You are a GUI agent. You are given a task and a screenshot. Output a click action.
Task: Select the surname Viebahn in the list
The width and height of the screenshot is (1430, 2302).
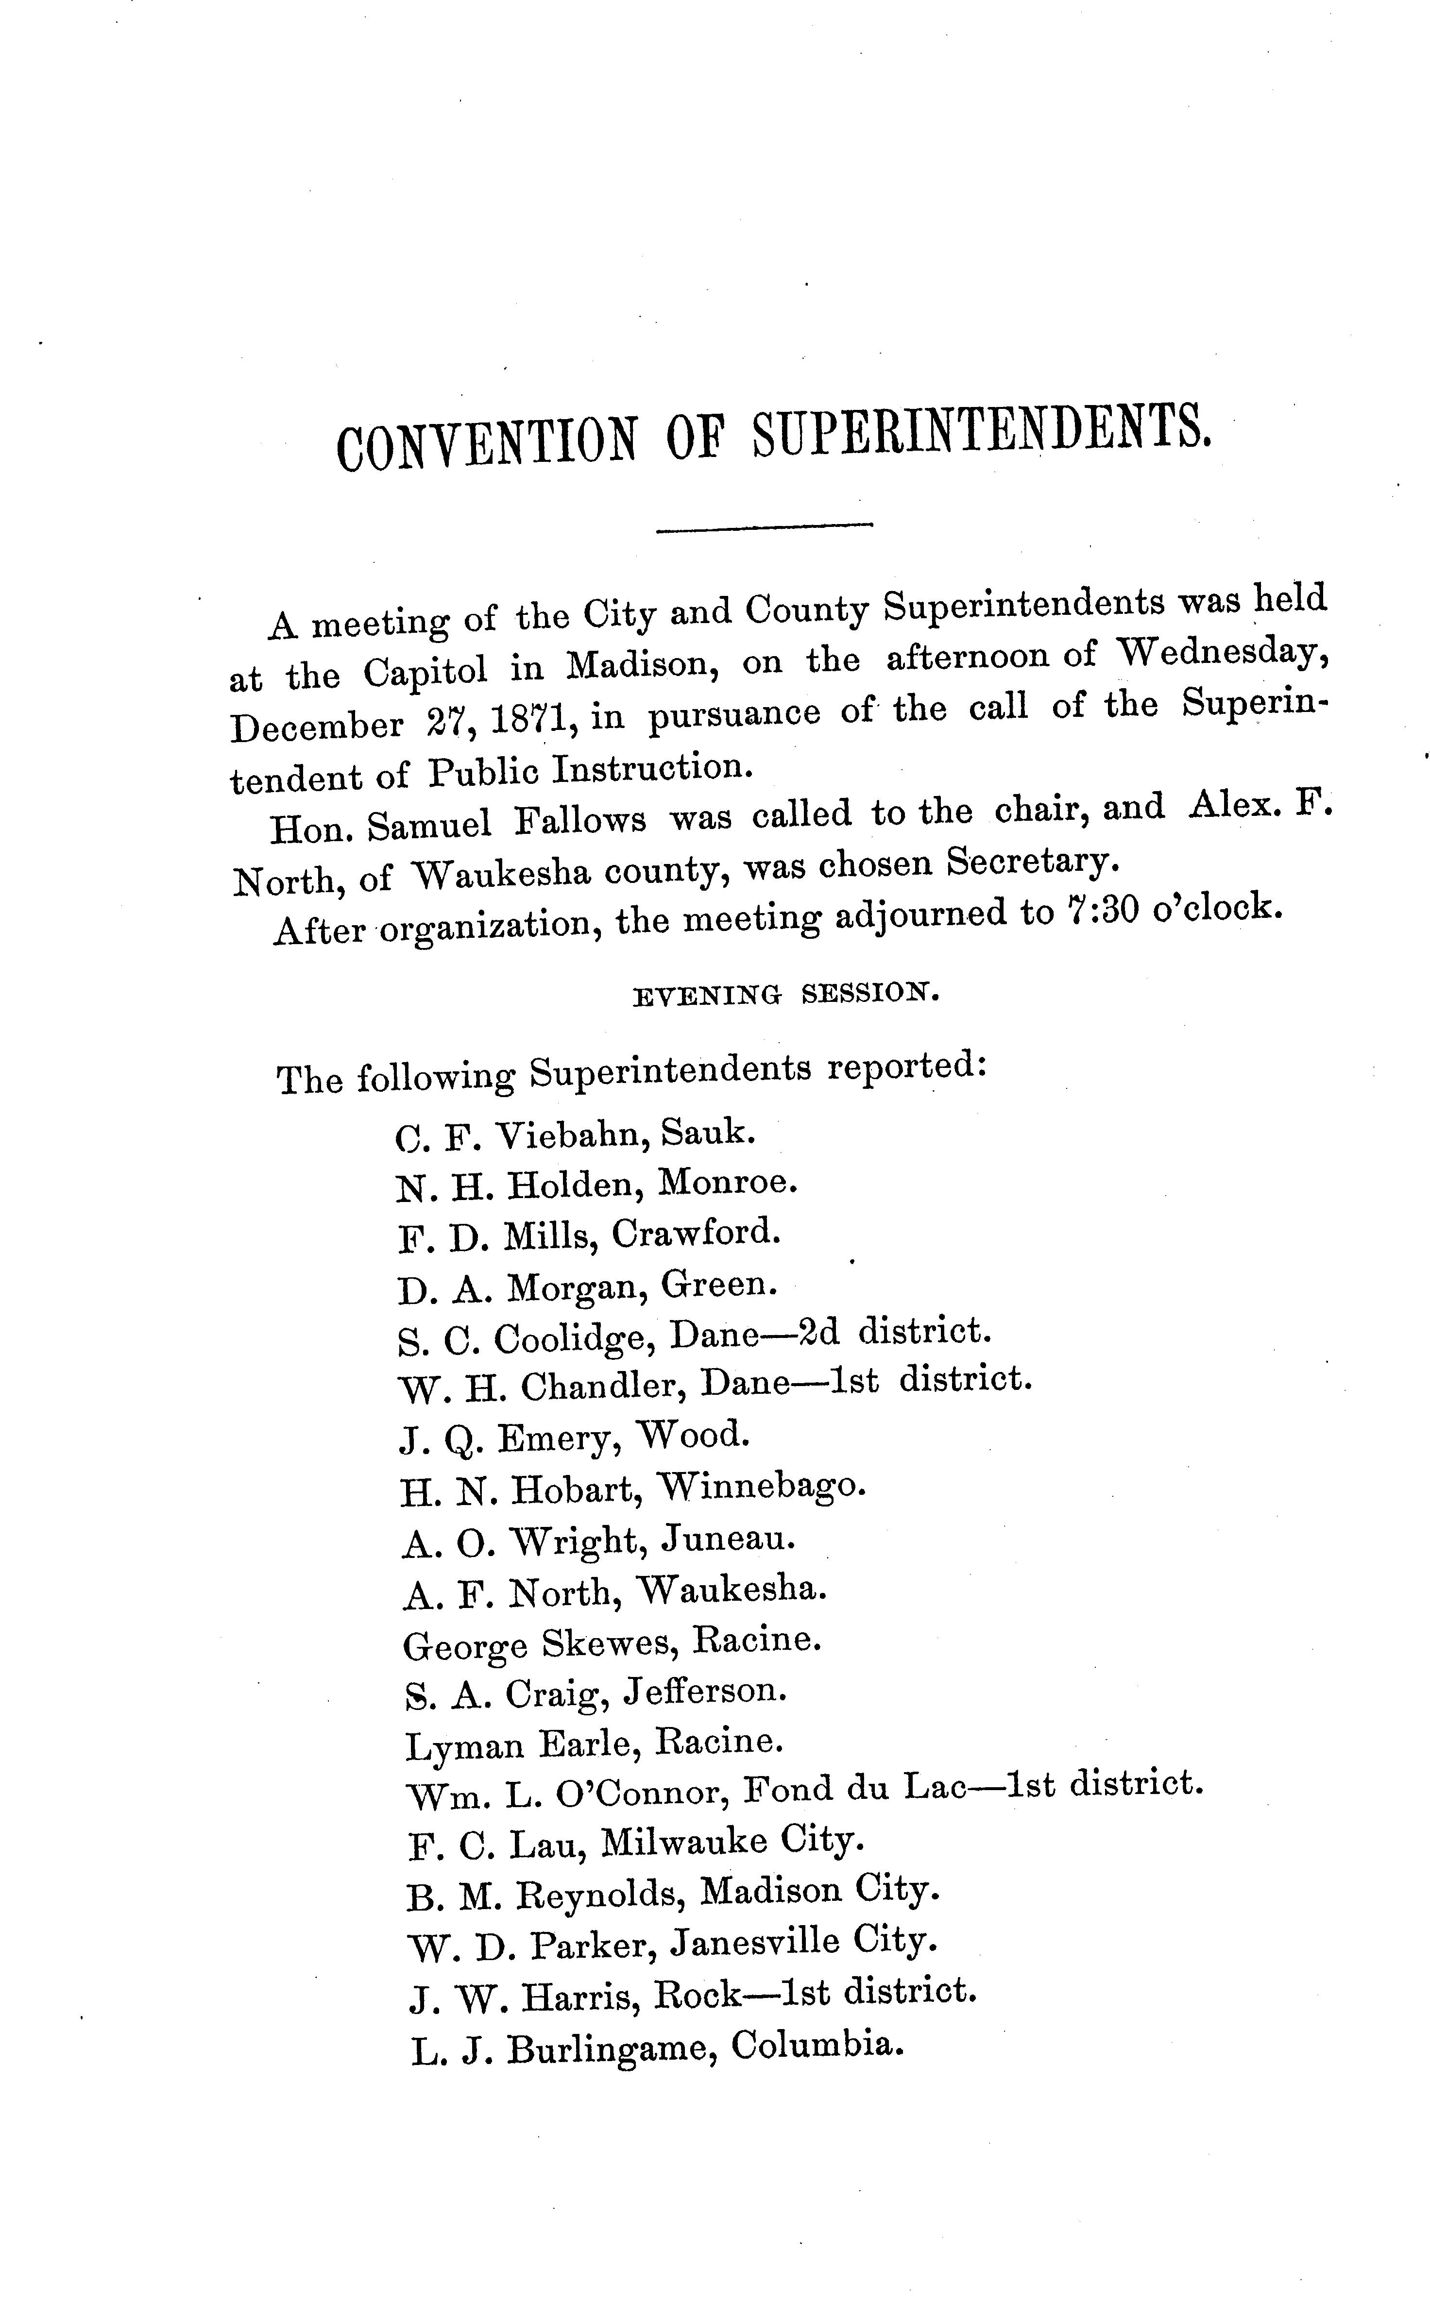[x=572, y=1134]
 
